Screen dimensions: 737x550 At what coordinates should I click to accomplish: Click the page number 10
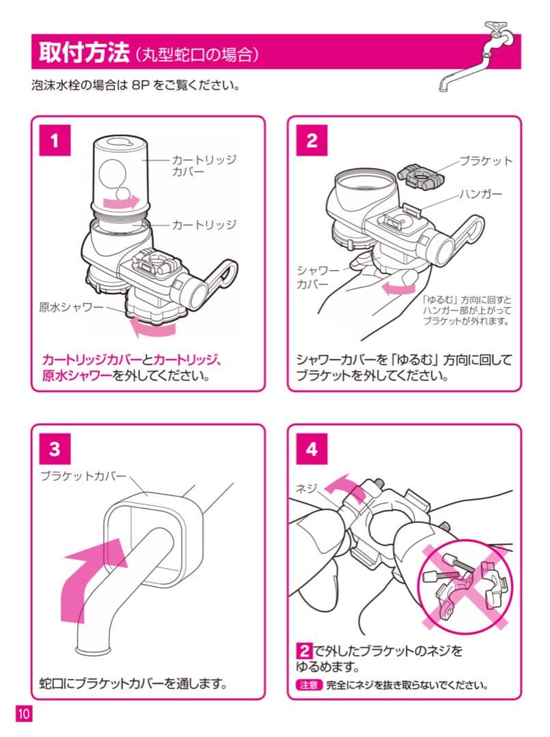pyautogui.click(x=24, y=714)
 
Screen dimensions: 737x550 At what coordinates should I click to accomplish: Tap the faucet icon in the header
pyautogui.click(x=478, y=58)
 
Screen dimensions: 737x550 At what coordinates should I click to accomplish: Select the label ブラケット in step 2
pyautogui.click(x=485, y=162)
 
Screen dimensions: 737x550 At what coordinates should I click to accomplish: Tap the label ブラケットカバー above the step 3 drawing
pyautogui.click(x=83, y=474)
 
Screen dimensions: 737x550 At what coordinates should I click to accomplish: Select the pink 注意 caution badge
pyautogui.click(x=307, y=685)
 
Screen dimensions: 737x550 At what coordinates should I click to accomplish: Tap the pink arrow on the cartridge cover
pyautogui.click(x=118, y=201)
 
